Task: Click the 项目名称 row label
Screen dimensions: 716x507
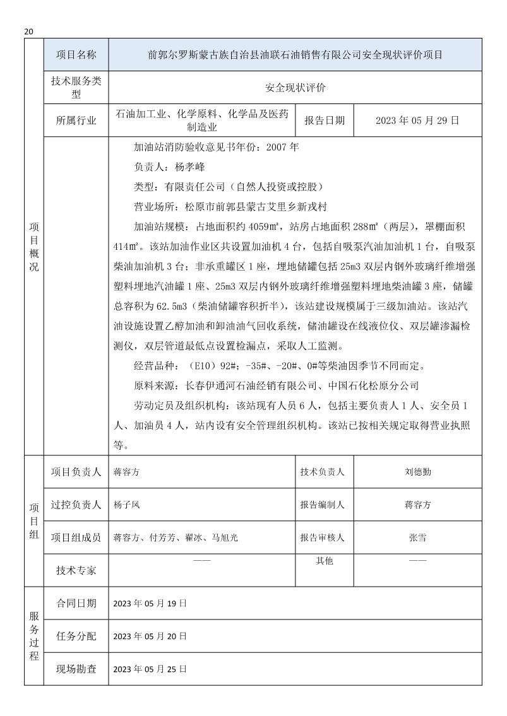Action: pyautogui.click(x=76, y=55)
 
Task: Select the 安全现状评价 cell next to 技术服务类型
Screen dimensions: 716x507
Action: pyautogui.click(x=295, y=88)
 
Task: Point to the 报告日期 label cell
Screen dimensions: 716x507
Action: pyautogui.click(x=325, y=120)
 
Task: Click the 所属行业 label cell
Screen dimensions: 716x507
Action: pyautogui.click(x=76, y=120)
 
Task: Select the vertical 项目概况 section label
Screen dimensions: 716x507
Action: pyautogui.click(x=33, y=246)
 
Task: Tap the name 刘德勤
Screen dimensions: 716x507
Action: pyautogui.click(x=417, y=472)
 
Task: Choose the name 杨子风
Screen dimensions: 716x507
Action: pyautogui.click(x=126, y=505)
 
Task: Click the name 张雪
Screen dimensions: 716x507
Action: pyautogui.click(x=417, y=537)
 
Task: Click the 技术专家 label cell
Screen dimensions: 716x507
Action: pyautogui.click(x=76, y=570)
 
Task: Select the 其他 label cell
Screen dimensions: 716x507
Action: pyautogui.click(x=324, y=561)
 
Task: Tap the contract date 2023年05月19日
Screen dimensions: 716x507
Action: pyautogui.click(x=150, y=603)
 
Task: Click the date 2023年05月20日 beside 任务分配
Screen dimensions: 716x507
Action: pyautogui.click(x=150, y=636)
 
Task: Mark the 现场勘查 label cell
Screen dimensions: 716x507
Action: pyautogui.click(x=76, y=669)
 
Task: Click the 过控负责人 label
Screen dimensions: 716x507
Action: pyautogui.click(x=76, y=505)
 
